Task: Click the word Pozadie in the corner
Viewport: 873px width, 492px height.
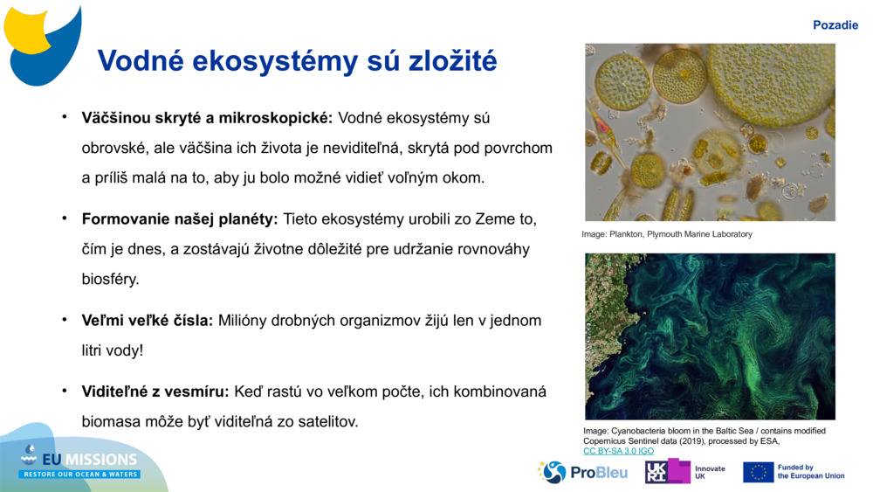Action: click(x=835, y=25)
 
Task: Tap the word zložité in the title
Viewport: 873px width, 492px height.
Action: click(x=452, y=59)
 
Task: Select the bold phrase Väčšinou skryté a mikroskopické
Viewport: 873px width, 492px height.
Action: click(x=207, y=118)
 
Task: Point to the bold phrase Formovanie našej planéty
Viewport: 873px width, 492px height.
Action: click(x=180, y=219)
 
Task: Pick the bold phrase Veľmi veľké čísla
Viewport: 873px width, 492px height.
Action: click(x=148, y=321)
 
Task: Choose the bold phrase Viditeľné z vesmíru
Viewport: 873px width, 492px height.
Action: click(x=155, y=392)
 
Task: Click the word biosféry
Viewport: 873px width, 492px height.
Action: click(x=110, y=279)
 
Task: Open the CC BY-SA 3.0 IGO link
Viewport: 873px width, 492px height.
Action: click(x=619, y=451)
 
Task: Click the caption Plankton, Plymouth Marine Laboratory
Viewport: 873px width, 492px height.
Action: click(x=680, y=234)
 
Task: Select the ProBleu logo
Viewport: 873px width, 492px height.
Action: click(x=582, y=472)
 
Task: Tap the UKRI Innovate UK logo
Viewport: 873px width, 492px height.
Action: click(x=685, y=472)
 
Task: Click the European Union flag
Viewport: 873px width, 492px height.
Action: click(x=759, y=472)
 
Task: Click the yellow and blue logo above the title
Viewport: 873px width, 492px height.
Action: click(x=42, y=45)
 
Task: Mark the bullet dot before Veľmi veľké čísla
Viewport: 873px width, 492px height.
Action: click(x=65, y=319)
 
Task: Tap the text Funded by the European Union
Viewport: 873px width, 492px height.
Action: click(x=811, y=472)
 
